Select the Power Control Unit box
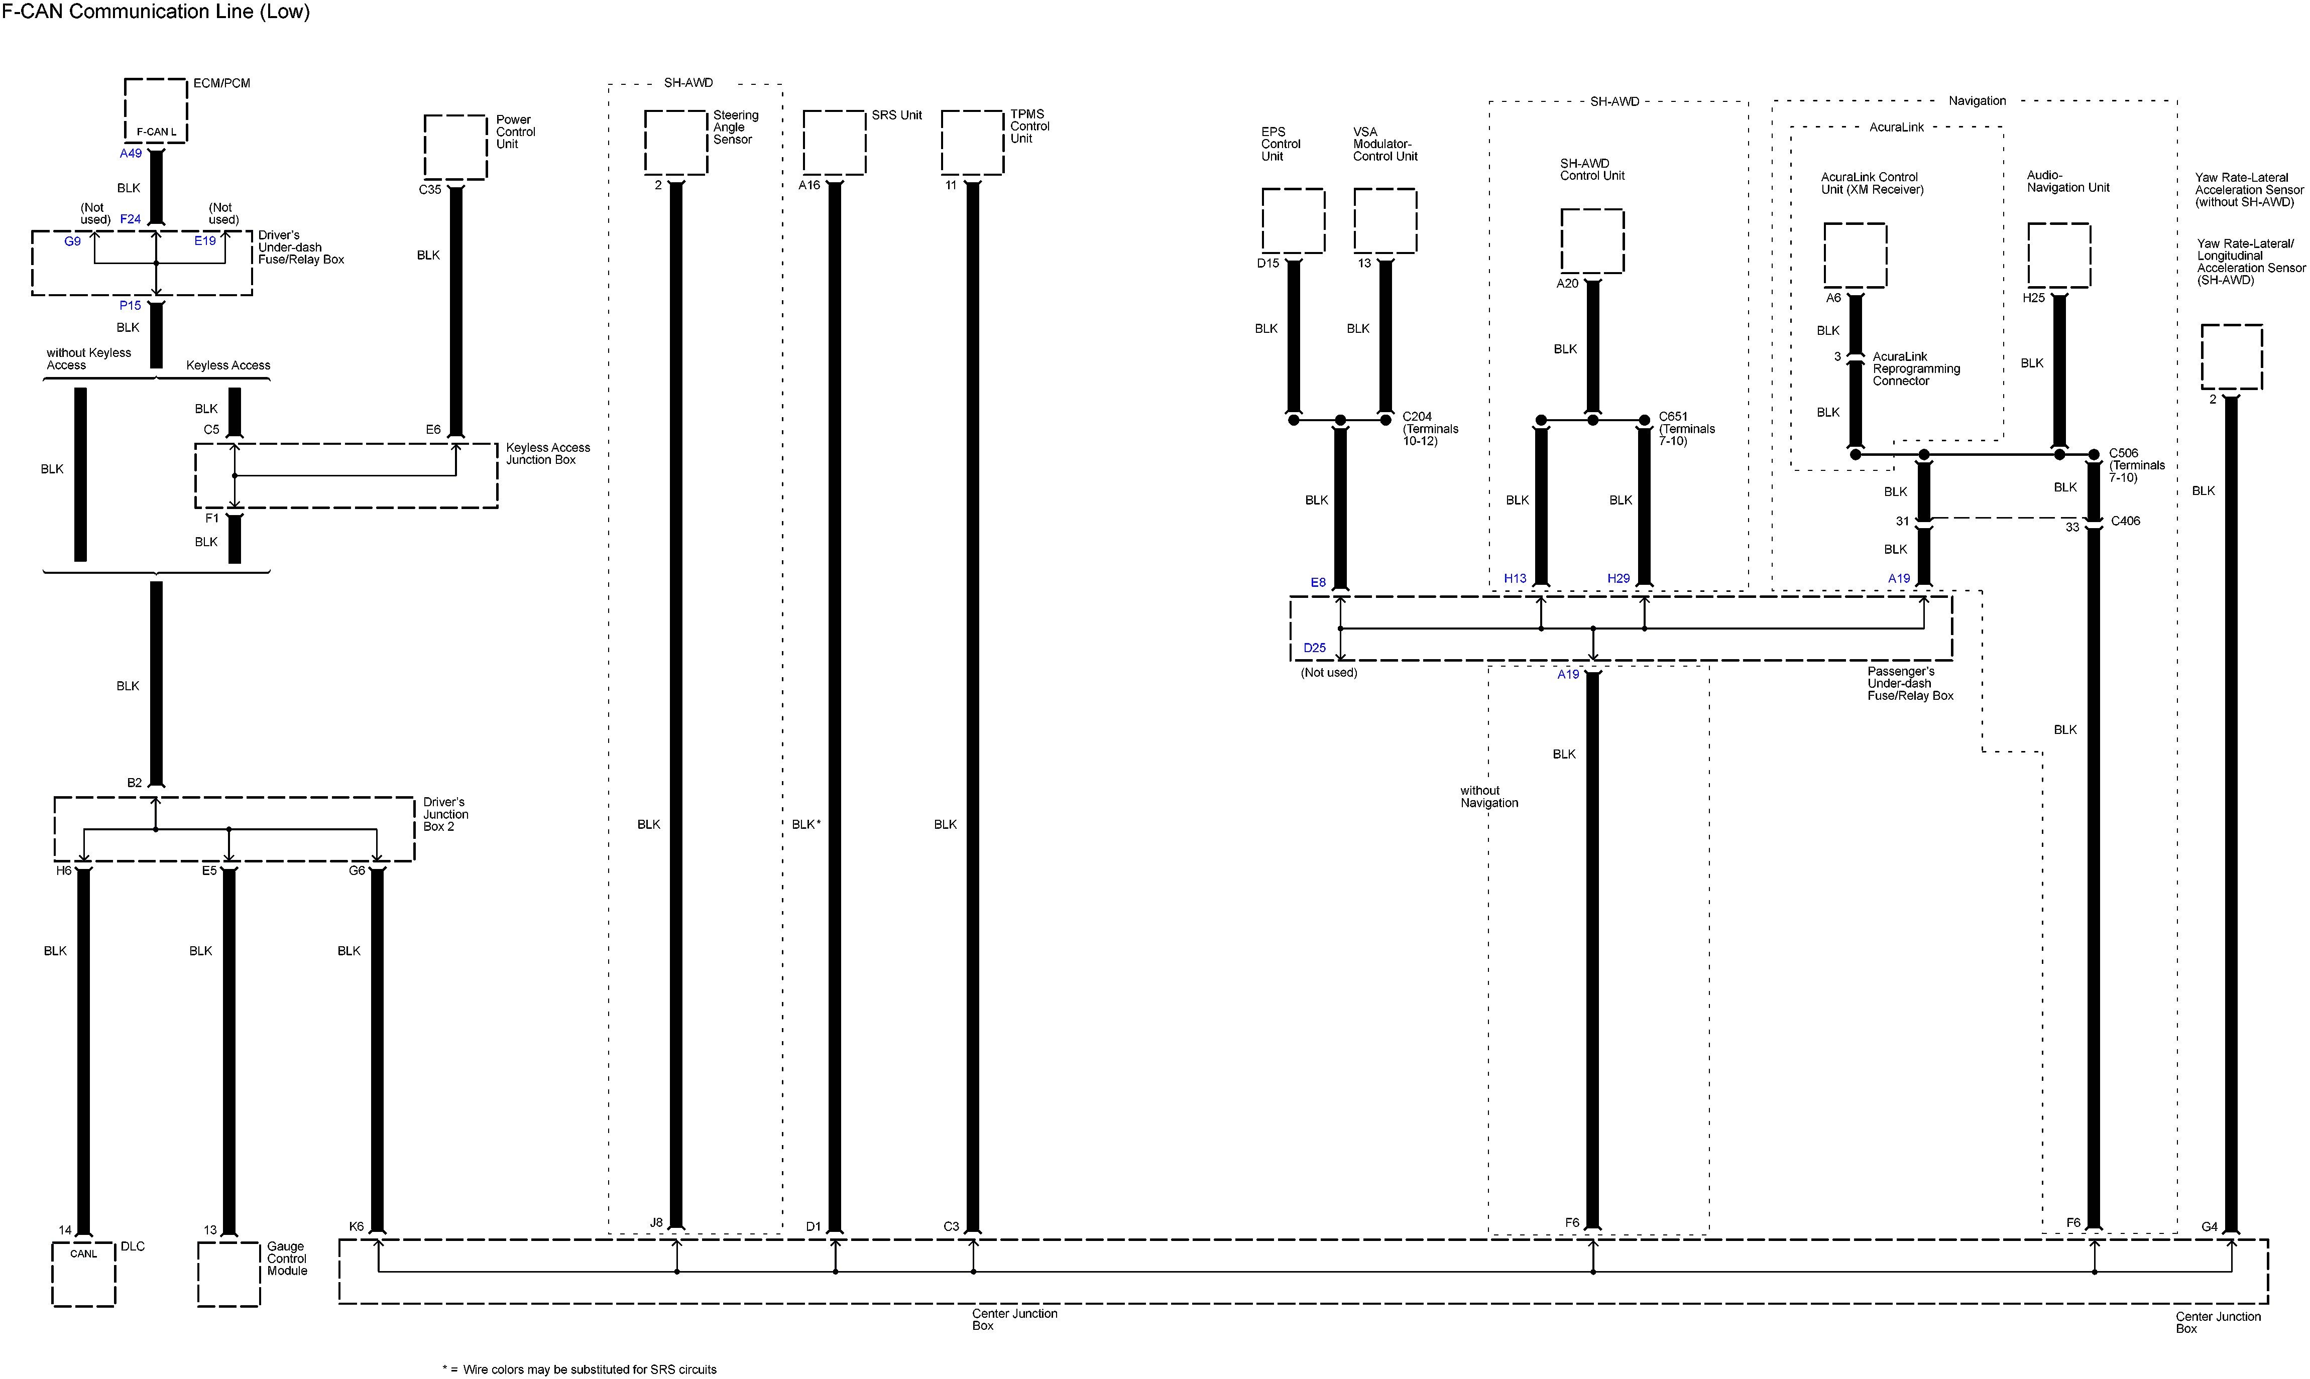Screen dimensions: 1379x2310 click(x=455, y=147)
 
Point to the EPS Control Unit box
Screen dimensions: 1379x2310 click(x=1293, y=220)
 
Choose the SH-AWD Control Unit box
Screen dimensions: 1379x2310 click(x=1592, y=240)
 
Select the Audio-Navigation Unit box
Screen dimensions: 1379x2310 click(x=2059, y=255)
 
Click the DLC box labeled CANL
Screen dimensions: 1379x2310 click(x=84, y=1274)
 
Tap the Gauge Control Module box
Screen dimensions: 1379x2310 click(x=228, y=1274)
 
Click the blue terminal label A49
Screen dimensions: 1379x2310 click(x=131, y=153)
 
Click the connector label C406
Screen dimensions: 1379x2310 click(x=2125, y=521)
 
